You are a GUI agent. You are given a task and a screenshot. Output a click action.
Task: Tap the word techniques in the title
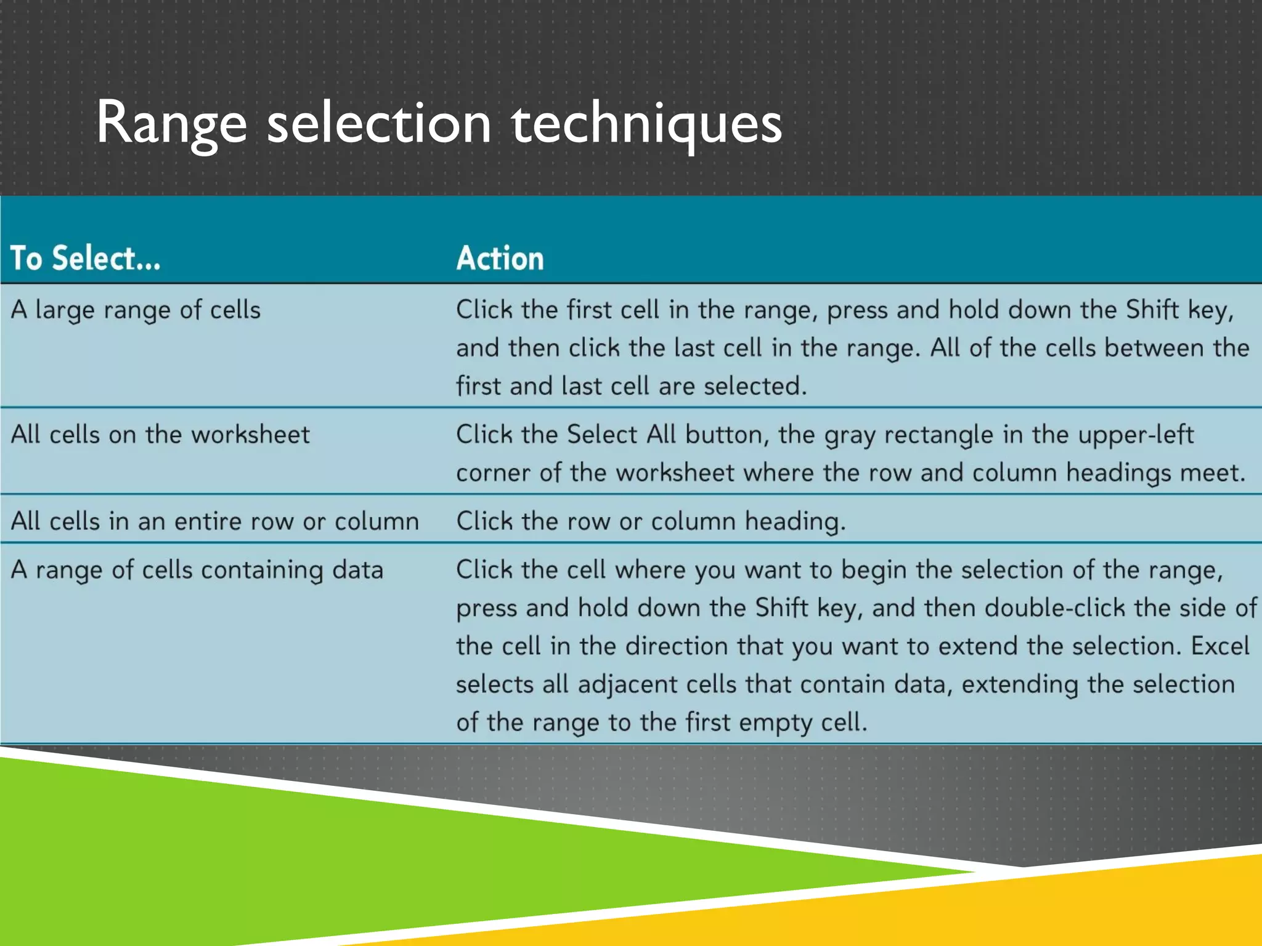coord(646,124)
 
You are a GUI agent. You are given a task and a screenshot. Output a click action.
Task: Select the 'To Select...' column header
coord(86,258)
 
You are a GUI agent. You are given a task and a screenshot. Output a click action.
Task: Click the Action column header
coord(500,258)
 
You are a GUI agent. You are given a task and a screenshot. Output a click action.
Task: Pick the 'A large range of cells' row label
coord(136,310)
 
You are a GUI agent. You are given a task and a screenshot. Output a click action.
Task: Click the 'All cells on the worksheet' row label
coord(160,435)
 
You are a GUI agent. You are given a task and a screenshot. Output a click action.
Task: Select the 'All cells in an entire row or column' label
coord(215,522)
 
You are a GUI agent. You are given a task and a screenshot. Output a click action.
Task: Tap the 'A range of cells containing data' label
coord(197,570)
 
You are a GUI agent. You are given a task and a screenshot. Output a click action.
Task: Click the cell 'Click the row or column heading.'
coord(651,522)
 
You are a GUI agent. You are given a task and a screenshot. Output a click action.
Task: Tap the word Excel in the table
coord(1219,646)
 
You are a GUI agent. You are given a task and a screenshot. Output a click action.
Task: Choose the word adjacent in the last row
coord(627,685)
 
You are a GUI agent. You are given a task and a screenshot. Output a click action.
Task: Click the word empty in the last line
coord(775,723)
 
